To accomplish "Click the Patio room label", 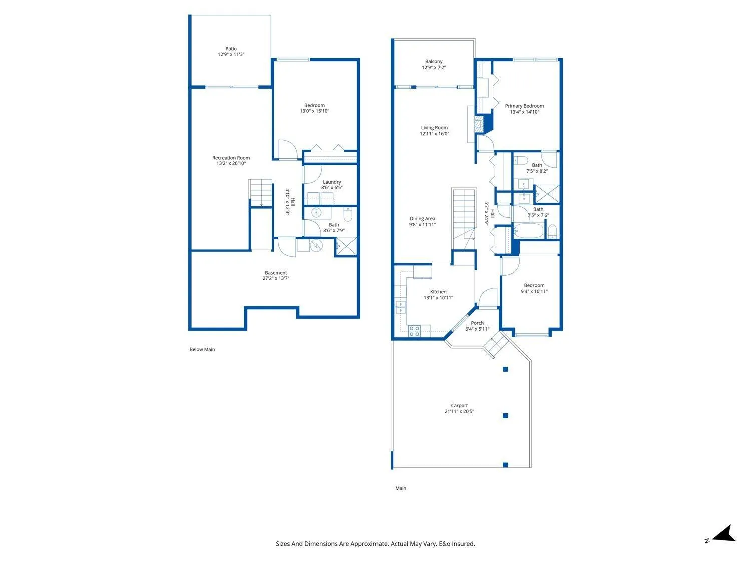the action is point(231,49).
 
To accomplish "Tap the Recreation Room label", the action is point(231,158).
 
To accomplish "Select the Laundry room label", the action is point(332,182).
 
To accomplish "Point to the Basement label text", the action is point(276,273).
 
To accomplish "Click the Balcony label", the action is point(434,61).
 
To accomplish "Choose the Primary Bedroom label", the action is point(524,106).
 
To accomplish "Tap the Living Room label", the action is point(434,128).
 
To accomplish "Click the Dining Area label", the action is point(422,218).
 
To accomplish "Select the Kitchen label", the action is point(438,292).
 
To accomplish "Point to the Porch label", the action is point(477,323).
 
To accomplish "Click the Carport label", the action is point(459,405).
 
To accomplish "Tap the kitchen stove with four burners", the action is point(414,331).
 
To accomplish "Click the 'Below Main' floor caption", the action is point(202,349).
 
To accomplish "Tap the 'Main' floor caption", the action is point(401,488).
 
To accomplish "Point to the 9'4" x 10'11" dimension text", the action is point(534,291).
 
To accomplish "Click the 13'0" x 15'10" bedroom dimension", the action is point(314,111).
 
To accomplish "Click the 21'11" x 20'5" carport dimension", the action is point(459,411).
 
